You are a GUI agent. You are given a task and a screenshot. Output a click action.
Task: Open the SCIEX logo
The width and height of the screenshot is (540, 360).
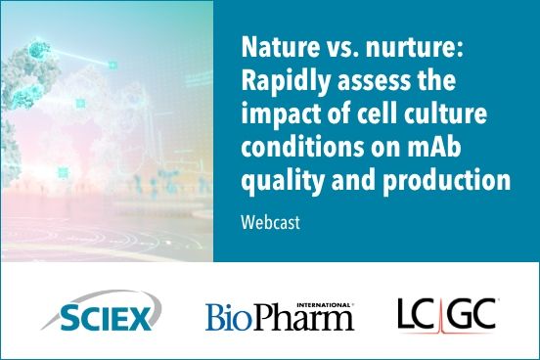tap(102, 315)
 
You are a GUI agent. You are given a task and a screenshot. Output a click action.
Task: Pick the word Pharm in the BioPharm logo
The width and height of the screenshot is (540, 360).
tap(304, 318)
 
